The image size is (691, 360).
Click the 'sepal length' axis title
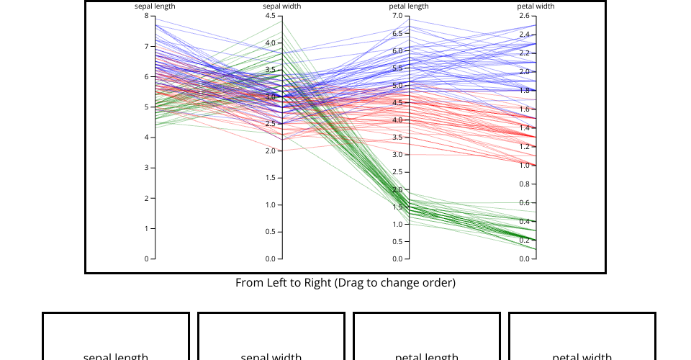[x=155, y=6]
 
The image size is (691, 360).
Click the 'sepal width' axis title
[x=281, y=6]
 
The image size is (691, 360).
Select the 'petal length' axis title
[x=409, y=6]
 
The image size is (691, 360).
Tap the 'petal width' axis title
[x=536, y=6]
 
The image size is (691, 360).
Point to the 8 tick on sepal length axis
[x=147, y=16]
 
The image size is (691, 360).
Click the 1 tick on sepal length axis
[x=147, y=228]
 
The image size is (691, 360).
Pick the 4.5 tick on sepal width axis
[x=271, y=16]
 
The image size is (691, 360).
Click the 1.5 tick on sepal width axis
[x=271, y=178]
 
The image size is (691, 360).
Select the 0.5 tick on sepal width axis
[x=271, y=232]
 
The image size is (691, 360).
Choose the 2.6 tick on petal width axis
[x=525, y=16]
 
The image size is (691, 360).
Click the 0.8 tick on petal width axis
[x=525, y=184]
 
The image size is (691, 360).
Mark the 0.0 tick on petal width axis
[x=525, y=258]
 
